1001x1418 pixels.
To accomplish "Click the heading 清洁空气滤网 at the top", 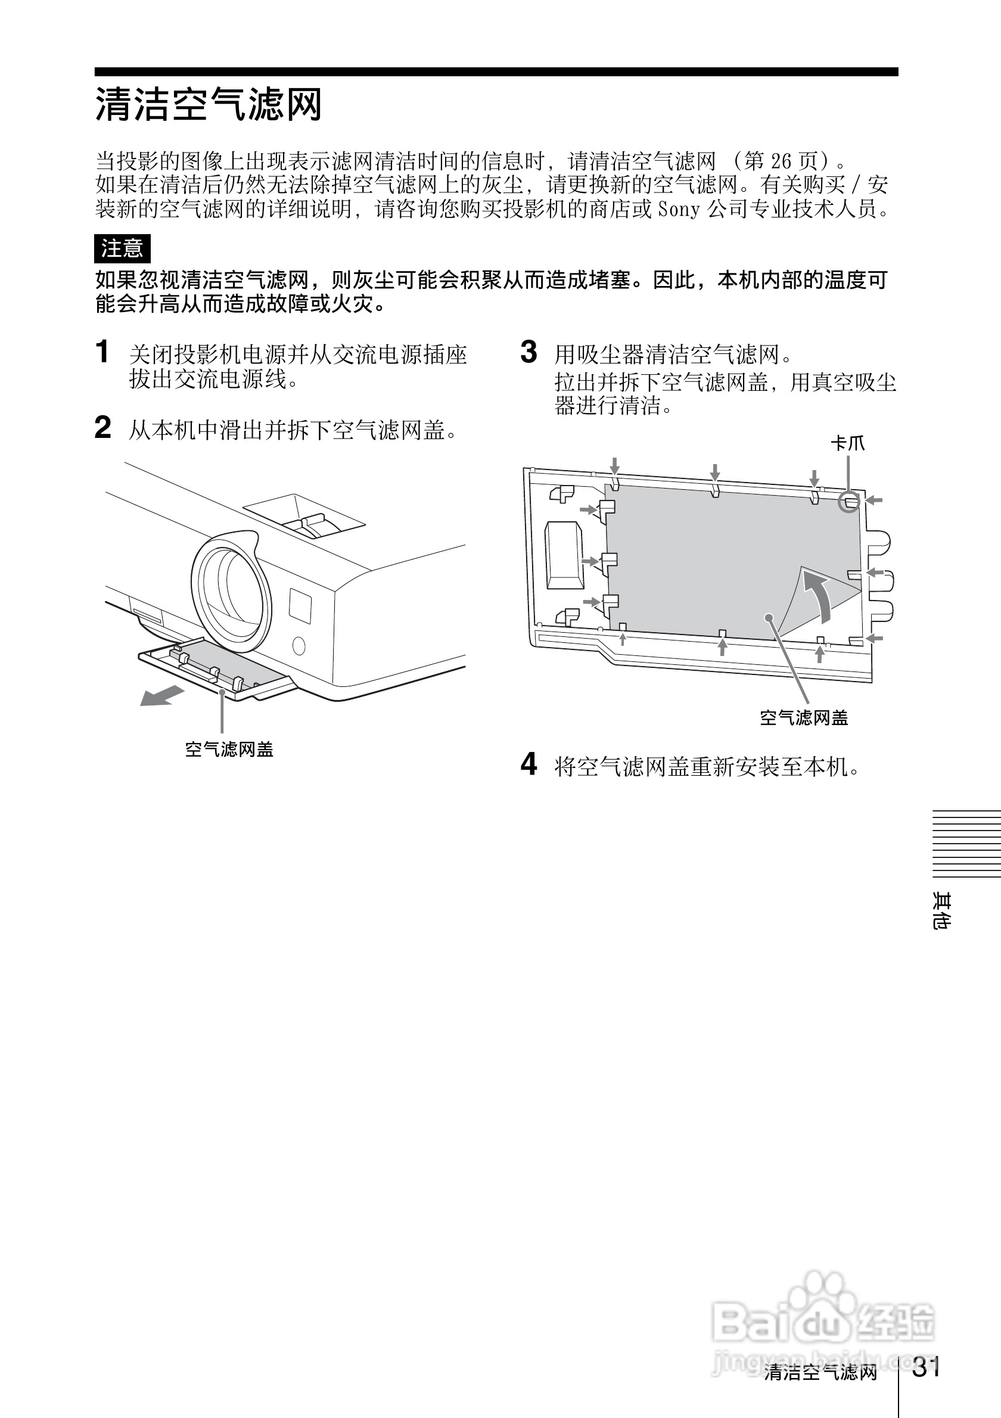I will [208, 104].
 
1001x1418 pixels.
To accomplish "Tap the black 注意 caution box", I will [122, 248].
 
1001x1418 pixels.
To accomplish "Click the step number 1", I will [102, 352].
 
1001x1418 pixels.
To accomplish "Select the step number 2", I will [102, 427].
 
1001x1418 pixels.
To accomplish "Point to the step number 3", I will [529, 352].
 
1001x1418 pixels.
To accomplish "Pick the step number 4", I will [529, 764].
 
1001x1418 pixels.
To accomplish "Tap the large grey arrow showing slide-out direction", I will [162, 695].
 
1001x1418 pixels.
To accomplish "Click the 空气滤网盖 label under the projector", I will [229, 750].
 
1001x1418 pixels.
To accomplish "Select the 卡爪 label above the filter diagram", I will [847, 443].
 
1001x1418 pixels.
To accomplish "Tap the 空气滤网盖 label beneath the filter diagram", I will [803, 718].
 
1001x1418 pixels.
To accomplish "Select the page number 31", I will [927, 1367].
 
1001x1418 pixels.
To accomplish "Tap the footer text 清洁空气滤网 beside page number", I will [820, 1372].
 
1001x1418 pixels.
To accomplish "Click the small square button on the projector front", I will [300, 605].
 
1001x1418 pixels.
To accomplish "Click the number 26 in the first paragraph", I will [781, 162].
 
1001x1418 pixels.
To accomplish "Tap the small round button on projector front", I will [299, 646].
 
